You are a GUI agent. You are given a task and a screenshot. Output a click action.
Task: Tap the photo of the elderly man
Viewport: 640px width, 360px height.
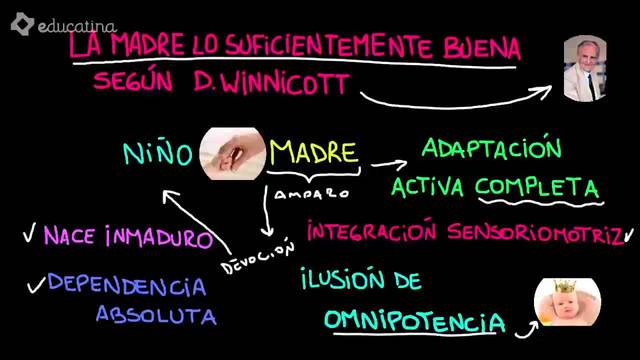point(585,68)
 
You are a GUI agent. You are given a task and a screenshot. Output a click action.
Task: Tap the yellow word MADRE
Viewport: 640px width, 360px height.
point(314,152)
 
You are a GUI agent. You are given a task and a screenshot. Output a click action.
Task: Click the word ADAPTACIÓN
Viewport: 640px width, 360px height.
point(491,150)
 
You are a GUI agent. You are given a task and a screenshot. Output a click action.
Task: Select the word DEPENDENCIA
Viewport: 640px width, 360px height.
point(127,286)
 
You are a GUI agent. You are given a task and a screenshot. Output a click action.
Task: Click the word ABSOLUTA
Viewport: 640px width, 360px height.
point(156,315)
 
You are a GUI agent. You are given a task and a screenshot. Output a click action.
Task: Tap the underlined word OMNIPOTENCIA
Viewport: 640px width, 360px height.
point(413,321)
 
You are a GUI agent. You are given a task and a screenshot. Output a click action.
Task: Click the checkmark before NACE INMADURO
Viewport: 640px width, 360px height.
point(29,237)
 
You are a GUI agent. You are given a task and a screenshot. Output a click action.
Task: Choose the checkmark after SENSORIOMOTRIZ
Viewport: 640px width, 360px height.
point(628,235)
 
